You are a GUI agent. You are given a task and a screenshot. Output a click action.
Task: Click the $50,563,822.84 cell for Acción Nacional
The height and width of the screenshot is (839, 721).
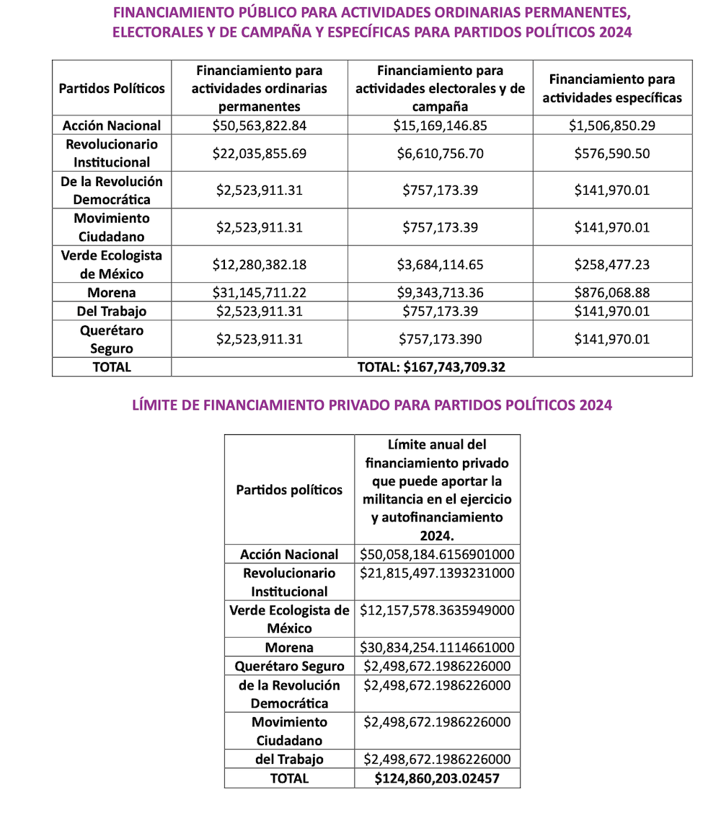pos(260,126)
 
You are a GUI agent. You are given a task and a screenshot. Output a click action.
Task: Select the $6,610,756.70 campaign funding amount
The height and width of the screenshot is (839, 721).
pos(440,153)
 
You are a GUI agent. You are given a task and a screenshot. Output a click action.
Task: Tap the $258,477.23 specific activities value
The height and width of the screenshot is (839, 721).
pos(612,265)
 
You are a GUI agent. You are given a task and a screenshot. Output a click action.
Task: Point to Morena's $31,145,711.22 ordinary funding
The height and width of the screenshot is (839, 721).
pos(260,293)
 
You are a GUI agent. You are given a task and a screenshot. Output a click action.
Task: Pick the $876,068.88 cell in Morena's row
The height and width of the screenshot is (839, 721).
pos(612,293)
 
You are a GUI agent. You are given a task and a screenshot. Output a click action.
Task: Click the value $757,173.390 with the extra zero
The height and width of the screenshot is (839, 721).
pos(441,339)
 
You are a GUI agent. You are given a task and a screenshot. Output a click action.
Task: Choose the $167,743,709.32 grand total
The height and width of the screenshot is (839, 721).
pos(431,367)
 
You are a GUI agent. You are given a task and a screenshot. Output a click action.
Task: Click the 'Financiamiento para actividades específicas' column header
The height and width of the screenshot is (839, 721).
pos(612,89)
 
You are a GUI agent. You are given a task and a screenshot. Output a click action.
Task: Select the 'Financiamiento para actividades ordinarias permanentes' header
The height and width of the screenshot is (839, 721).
pos(260,89)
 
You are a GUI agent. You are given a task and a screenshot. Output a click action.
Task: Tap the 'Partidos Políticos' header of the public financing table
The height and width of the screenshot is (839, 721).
pos(112,89)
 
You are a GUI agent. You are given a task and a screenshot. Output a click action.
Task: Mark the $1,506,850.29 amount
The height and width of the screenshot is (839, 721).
pos(612,126)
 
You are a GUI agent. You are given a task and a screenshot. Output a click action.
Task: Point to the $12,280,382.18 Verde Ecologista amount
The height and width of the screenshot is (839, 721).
pos(260,265)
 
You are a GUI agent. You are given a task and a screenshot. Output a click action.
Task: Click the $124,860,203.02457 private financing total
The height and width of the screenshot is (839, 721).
pos(437,778)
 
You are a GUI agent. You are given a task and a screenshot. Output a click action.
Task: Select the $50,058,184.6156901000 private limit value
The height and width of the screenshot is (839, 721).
pos(437,555)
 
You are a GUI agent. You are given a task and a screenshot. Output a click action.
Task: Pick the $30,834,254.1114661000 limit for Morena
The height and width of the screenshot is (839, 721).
pos(437,648)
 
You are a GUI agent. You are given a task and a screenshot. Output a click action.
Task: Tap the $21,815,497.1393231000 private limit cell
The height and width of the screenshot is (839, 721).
pos(437,574)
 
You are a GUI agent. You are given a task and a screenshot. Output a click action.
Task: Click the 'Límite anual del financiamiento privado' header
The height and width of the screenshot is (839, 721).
pos(437,490)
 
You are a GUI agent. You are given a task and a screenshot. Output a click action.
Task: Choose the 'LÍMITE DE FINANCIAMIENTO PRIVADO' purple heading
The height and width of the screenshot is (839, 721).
pos(372,405)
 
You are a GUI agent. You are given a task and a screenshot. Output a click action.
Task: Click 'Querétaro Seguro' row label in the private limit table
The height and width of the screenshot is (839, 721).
pos(289,667)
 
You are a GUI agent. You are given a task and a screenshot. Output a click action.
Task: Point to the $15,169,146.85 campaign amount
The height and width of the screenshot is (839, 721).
pos(440,126)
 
